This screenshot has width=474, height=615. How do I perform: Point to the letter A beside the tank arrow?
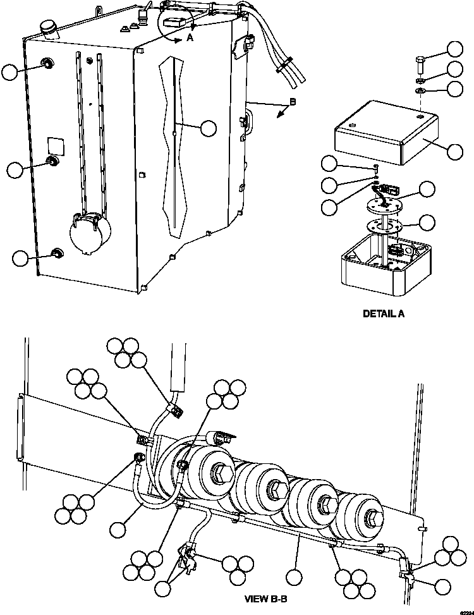(190, 39)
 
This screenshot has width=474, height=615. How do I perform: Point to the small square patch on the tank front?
(54, 145)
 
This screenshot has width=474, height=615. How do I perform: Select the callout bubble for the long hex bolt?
(454, 49)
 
